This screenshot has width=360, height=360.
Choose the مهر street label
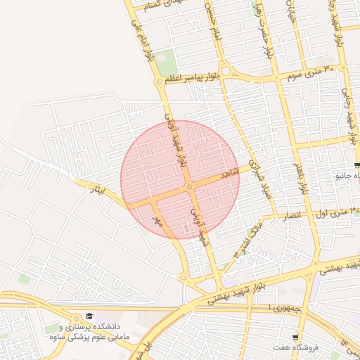pos(158,221)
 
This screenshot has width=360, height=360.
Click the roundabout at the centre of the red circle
pos(191,188)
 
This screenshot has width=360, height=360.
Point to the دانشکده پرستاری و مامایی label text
pos(90,332)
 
